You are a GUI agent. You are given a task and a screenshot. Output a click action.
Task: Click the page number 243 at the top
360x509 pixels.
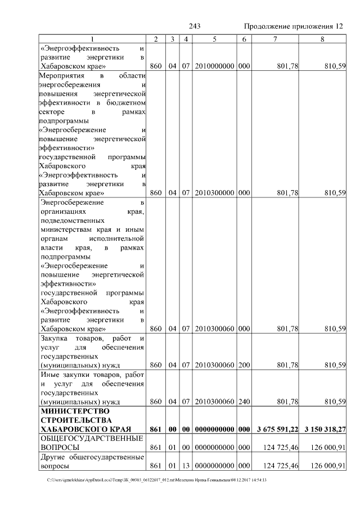click(195, 26)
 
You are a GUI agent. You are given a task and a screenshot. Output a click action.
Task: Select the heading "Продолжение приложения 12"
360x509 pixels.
click(293, 26)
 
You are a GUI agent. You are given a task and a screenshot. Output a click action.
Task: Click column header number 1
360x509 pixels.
click(92, 38)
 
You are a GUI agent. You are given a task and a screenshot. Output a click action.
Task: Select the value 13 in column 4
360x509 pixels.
click(186, 466)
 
